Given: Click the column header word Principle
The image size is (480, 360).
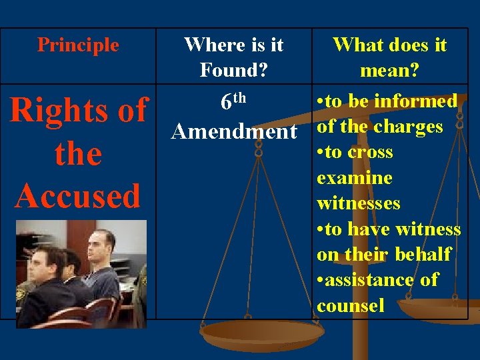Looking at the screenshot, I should pyautogui.click(x=78, y=45).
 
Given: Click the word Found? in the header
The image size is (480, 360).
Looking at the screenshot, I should pyautogui.click(x=234, y=69).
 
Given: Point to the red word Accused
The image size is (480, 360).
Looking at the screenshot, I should pyautogui.click(x=78, y=195).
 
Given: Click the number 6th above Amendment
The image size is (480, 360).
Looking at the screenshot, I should pyautogui.click(x=233, y=101).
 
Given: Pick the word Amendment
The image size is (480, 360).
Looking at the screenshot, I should pyautogui.click(x=233, y=131).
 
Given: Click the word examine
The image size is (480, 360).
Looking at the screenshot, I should pyautogui.click(x=354, y=177).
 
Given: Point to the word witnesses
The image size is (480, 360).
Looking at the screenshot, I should pyautogui.click(x=359, y=203).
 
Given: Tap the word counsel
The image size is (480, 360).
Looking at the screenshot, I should pyautogui.click(x=351, y=305).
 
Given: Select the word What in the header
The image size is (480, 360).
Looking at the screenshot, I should pyautogui.click(x=352, y=45).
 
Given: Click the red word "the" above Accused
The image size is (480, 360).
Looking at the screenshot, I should pyautogui.click(x=78, y=153).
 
